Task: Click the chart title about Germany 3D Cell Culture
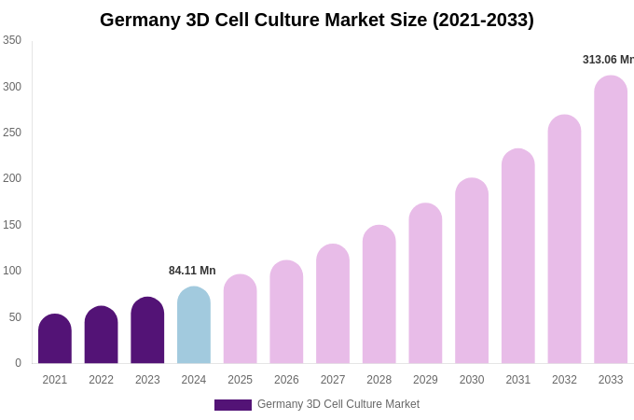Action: (317, 20)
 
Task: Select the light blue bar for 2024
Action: (194, 327)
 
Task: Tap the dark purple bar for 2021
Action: (55, 340)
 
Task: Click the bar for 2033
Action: (611, 220)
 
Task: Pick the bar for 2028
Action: (379, 295)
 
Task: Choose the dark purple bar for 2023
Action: (147, 331)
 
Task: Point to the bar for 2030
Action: (472, 272)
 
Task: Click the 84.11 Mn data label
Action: (192, 271)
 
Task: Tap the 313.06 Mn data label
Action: (608, 60)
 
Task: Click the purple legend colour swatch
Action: (233, 405)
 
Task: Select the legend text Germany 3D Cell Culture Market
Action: (338, 404)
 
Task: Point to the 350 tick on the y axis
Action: (12, 40)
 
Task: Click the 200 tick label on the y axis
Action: (12, 178)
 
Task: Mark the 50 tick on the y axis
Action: (15, 317)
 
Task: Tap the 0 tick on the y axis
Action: (18, 363)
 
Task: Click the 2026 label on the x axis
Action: (286, 380)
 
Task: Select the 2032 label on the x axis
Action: (564, 380)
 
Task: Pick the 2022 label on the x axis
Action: (101, 380)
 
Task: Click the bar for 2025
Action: (240, 320)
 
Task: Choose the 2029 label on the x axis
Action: (425, 380)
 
